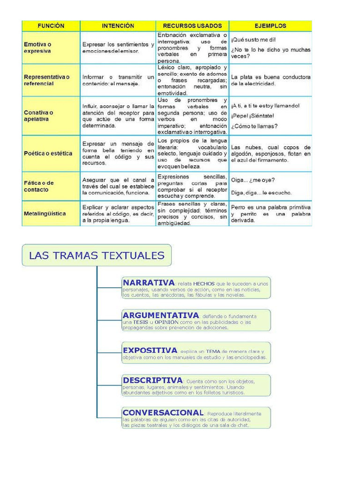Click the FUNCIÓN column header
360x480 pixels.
(51, 26)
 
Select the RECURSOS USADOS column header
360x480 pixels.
(192, 26)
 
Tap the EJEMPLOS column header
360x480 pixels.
(270, 26)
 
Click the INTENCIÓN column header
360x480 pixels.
(118, 26)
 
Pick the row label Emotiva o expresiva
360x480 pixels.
(37, 47)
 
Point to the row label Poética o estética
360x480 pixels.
(48, 153)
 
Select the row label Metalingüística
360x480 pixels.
(45, 214)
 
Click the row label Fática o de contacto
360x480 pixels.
(39, 186)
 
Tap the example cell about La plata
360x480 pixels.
(270, 80)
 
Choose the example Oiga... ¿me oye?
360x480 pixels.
(253, 180)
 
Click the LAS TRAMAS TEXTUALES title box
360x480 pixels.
(97, 255)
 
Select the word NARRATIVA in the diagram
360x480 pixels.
(148, 283)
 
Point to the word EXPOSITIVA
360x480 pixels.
(150, 350)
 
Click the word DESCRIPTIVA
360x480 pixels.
(152, 380)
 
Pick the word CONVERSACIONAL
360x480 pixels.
(163, 413)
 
